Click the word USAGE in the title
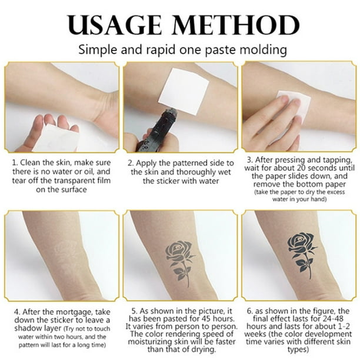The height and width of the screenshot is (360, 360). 115,25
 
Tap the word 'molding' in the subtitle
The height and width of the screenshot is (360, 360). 263,50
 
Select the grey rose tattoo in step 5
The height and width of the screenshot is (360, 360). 181,263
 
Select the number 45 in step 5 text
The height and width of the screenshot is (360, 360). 206,319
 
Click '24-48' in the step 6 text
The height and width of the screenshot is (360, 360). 333,318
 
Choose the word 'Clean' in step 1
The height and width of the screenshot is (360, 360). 31,162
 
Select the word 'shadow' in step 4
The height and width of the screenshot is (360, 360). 27,328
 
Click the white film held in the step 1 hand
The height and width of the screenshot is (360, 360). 56,137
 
